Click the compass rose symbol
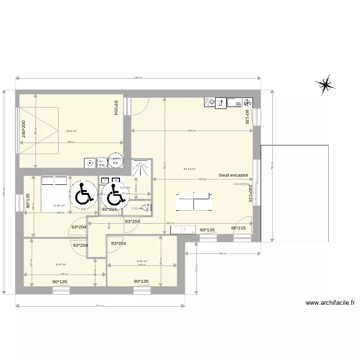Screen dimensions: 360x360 pos(325,85)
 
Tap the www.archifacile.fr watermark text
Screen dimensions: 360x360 pos(330,303)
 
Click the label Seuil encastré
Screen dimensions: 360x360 pos(233,175)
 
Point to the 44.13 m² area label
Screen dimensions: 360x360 pos(190,169)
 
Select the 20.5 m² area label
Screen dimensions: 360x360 pos(72,131)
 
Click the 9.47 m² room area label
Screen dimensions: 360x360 pos(61,264)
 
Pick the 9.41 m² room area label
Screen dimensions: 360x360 pos(142,262)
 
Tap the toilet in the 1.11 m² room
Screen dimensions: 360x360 pos(146,208)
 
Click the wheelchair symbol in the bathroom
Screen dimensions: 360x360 pos(114,196)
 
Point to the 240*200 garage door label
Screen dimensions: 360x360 pos(23,129)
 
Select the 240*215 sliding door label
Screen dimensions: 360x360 pos(250,194)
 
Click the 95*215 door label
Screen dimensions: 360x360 pos(239,228)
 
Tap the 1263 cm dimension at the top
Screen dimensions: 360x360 pos(138,79)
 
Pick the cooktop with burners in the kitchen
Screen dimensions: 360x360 pos(210,102)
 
